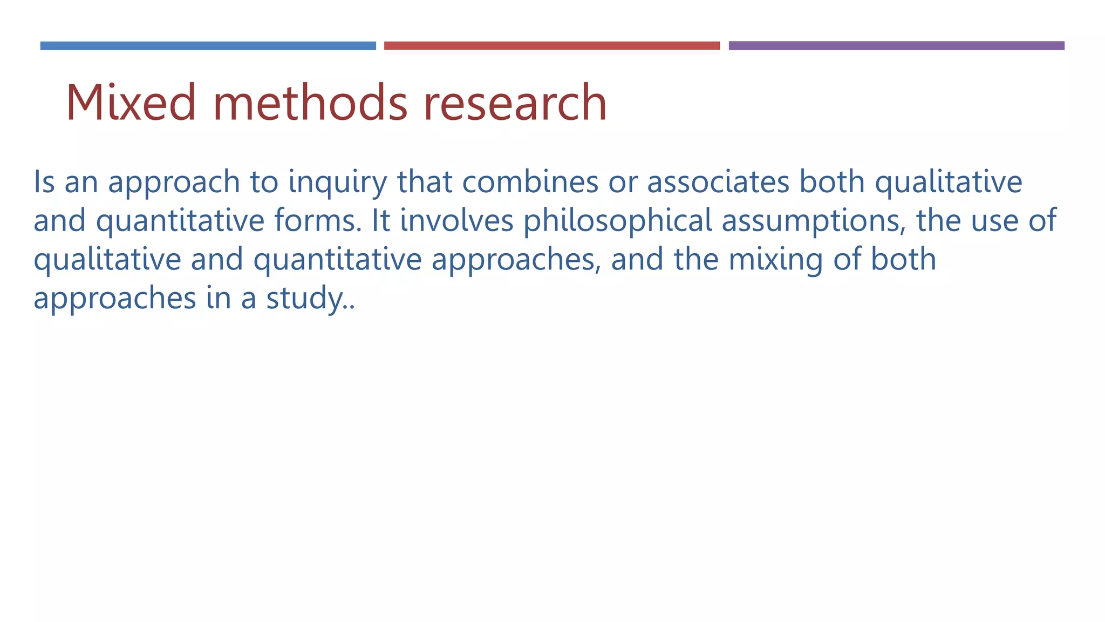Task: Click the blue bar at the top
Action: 208,46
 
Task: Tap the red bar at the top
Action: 551,46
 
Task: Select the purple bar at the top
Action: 896,46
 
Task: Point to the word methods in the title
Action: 311,103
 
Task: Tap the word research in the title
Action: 515,103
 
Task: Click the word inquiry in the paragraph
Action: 338,182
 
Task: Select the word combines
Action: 530,181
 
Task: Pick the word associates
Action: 718,181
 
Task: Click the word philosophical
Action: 618,221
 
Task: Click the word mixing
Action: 775,260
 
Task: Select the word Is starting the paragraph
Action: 44,181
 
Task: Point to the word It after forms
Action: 380,220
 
